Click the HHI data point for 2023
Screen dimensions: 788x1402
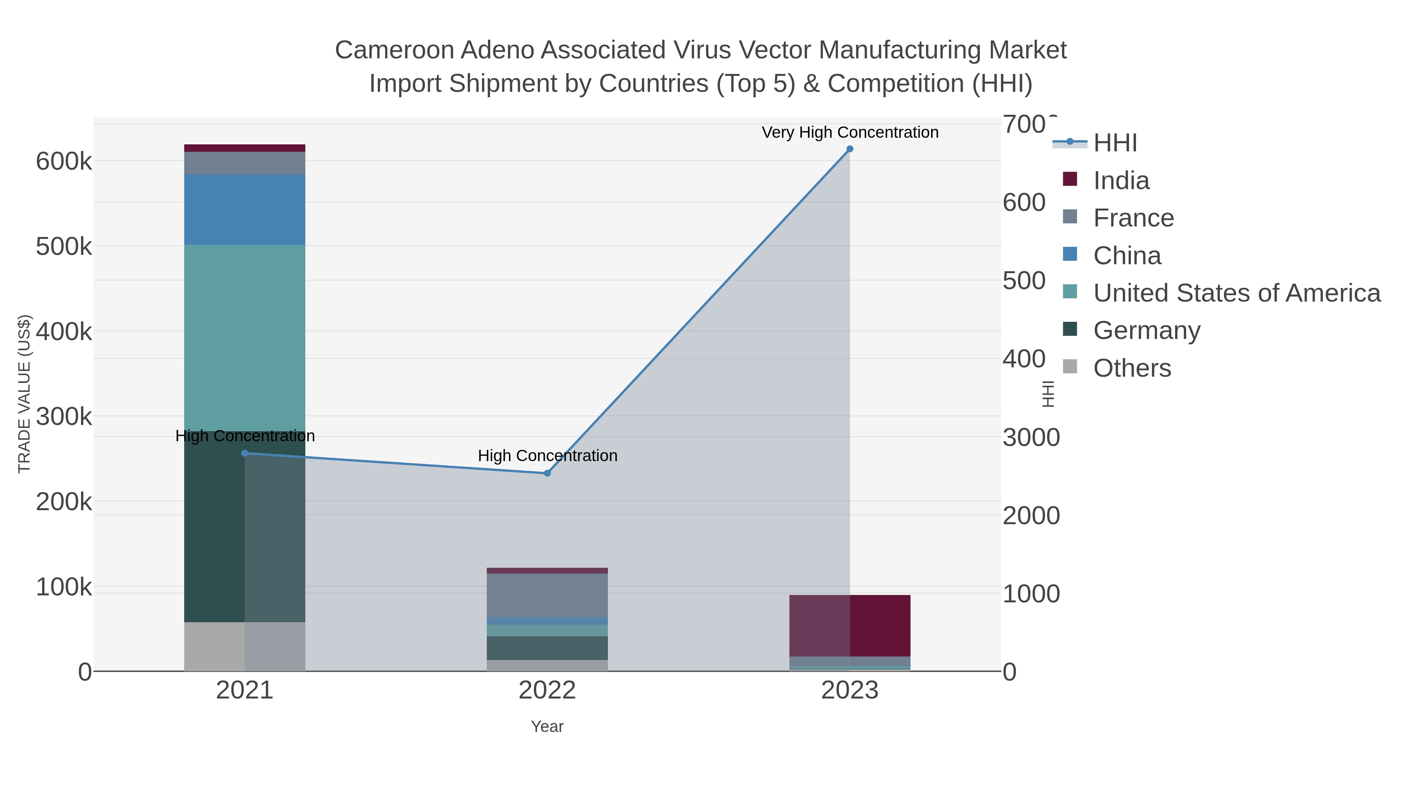(x=850, y=149)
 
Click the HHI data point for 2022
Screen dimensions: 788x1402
(x=548, y=473)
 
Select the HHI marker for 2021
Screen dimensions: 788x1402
(x=245, y=453)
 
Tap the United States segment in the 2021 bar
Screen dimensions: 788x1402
(x=245, y=337)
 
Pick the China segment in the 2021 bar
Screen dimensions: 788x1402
(x=245, y=209)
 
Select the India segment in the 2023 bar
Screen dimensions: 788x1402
(x=850, y=625)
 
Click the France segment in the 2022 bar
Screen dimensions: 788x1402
(x=548, y=595)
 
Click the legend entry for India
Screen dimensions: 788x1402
(x=1121, y=181)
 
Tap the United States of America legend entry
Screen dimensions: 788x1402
(x=1236, y=293)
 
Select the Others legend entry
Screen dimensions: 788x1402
(x=1132, y=368)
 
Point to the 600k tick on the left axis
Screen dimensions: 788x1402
(x=64, y=161)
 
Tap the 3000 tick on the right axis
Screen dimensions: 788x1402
(x=1031, y=437)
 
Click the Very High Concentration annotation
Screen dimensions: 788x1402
(x=850, y=132)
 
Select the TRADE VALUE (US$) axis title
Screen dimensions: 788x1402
(x=25, y=394)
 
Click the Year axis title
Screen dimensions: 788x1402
(x=548, y=727)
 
